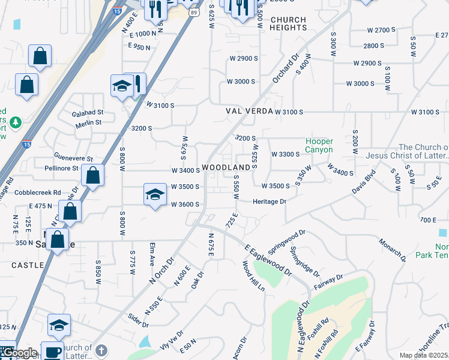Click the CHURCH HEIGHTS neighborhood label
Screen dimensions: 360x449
288,24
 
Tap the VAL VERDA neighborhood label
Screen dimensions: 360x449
249,112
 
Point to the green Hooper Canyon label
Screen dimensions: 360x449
319,145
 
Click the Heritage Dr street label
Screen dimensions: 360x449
269,202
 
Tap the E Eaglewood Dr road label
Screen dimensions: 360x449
268,260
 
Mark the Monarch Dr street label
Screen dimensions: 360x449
393,248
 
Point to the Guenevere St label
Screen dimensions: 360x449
73,158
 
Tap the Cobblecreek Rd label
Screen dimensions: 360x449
40,192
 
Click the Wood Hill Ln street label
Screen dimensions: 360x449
253,275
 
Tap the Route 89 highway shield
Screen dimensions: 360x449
193,11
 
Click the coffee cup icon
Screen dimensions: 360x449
52,352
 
